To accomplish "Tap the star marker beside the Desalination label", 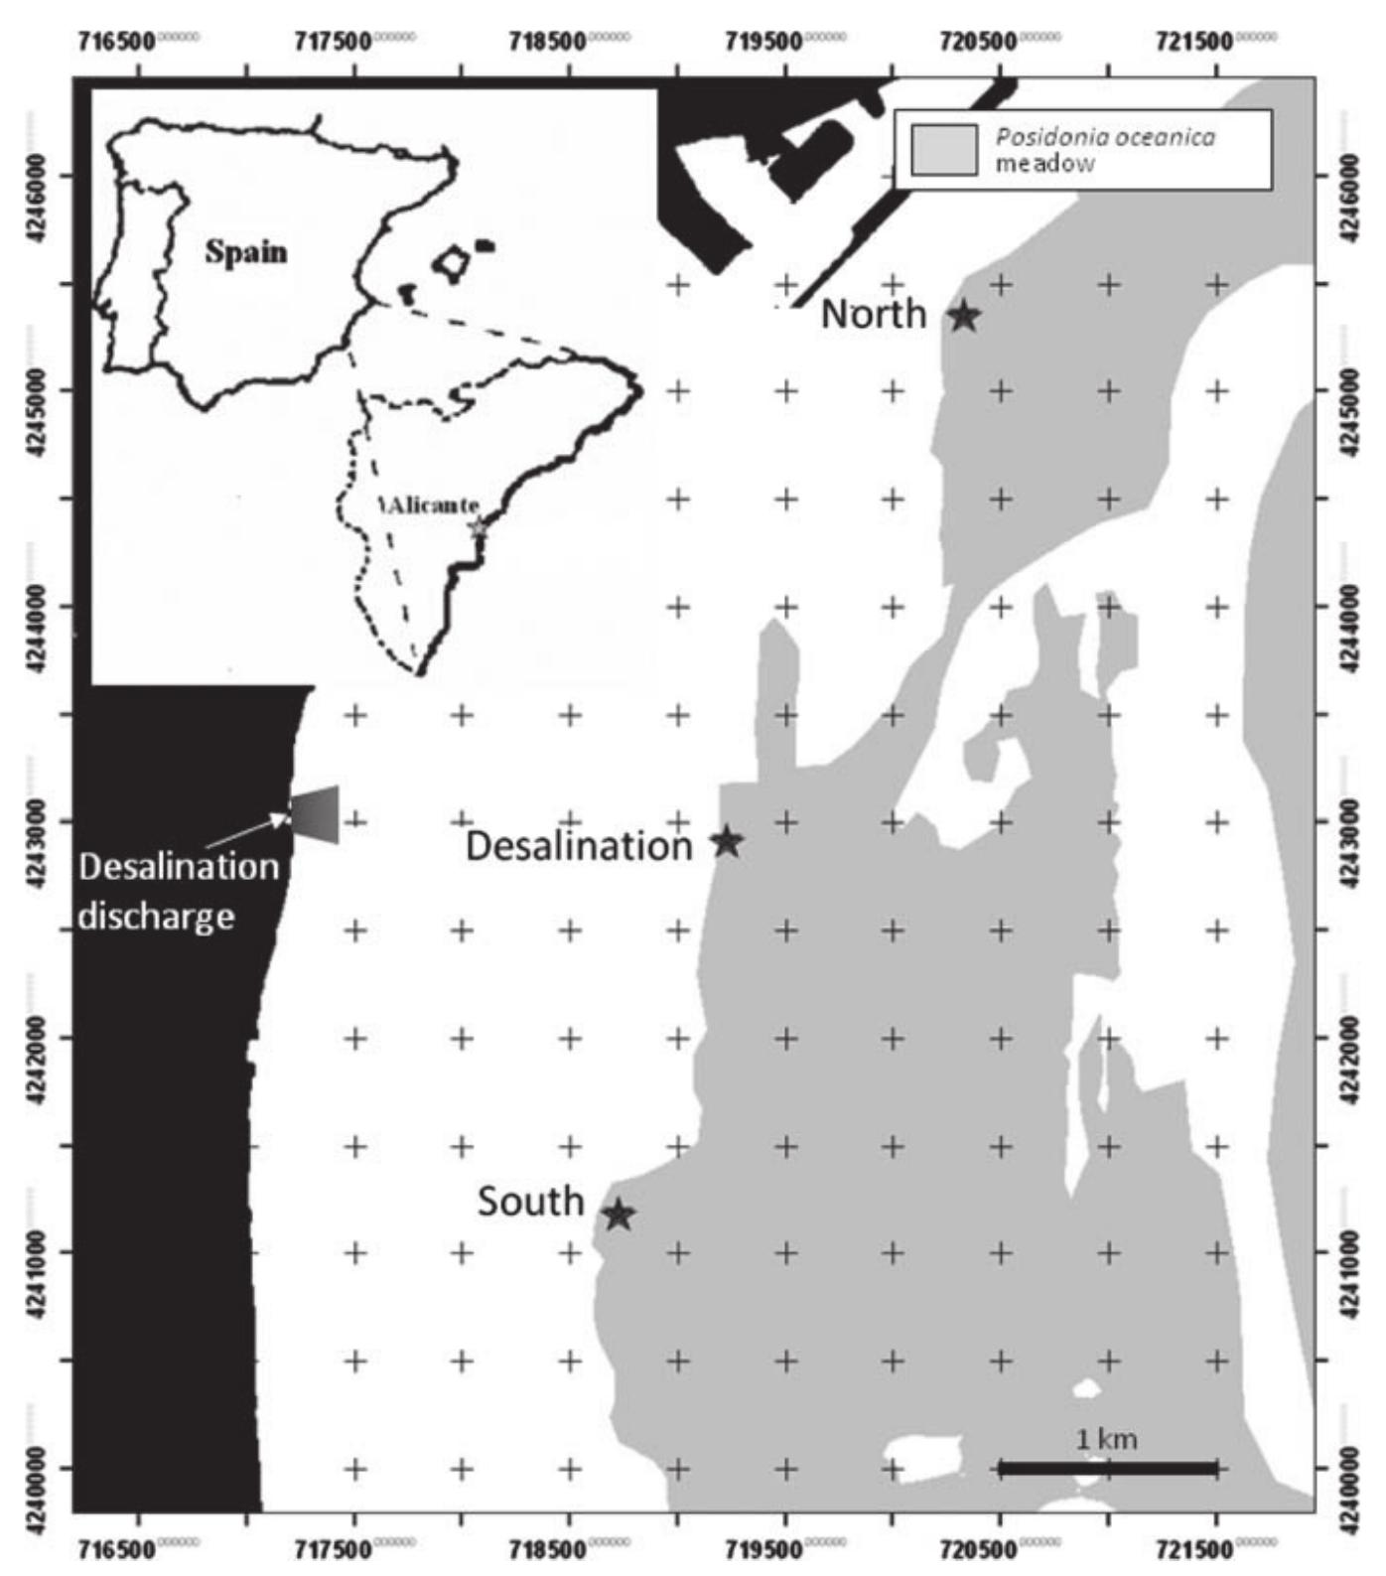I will (728, 842).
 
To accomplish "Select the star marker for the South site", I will (619, 1214).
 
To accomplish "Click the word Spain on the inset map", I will (245, 252).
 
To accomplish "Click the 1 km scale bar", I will (1107, 1468).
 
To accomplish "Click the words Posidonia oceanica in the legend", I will (1105, 137).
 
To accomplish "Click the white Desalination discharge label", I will (179, 890).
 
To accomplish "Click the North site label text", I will (874, 315).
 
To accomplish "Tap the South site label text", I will (530, 1202).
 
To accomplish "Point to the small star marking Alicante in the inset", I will (479, 527).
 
